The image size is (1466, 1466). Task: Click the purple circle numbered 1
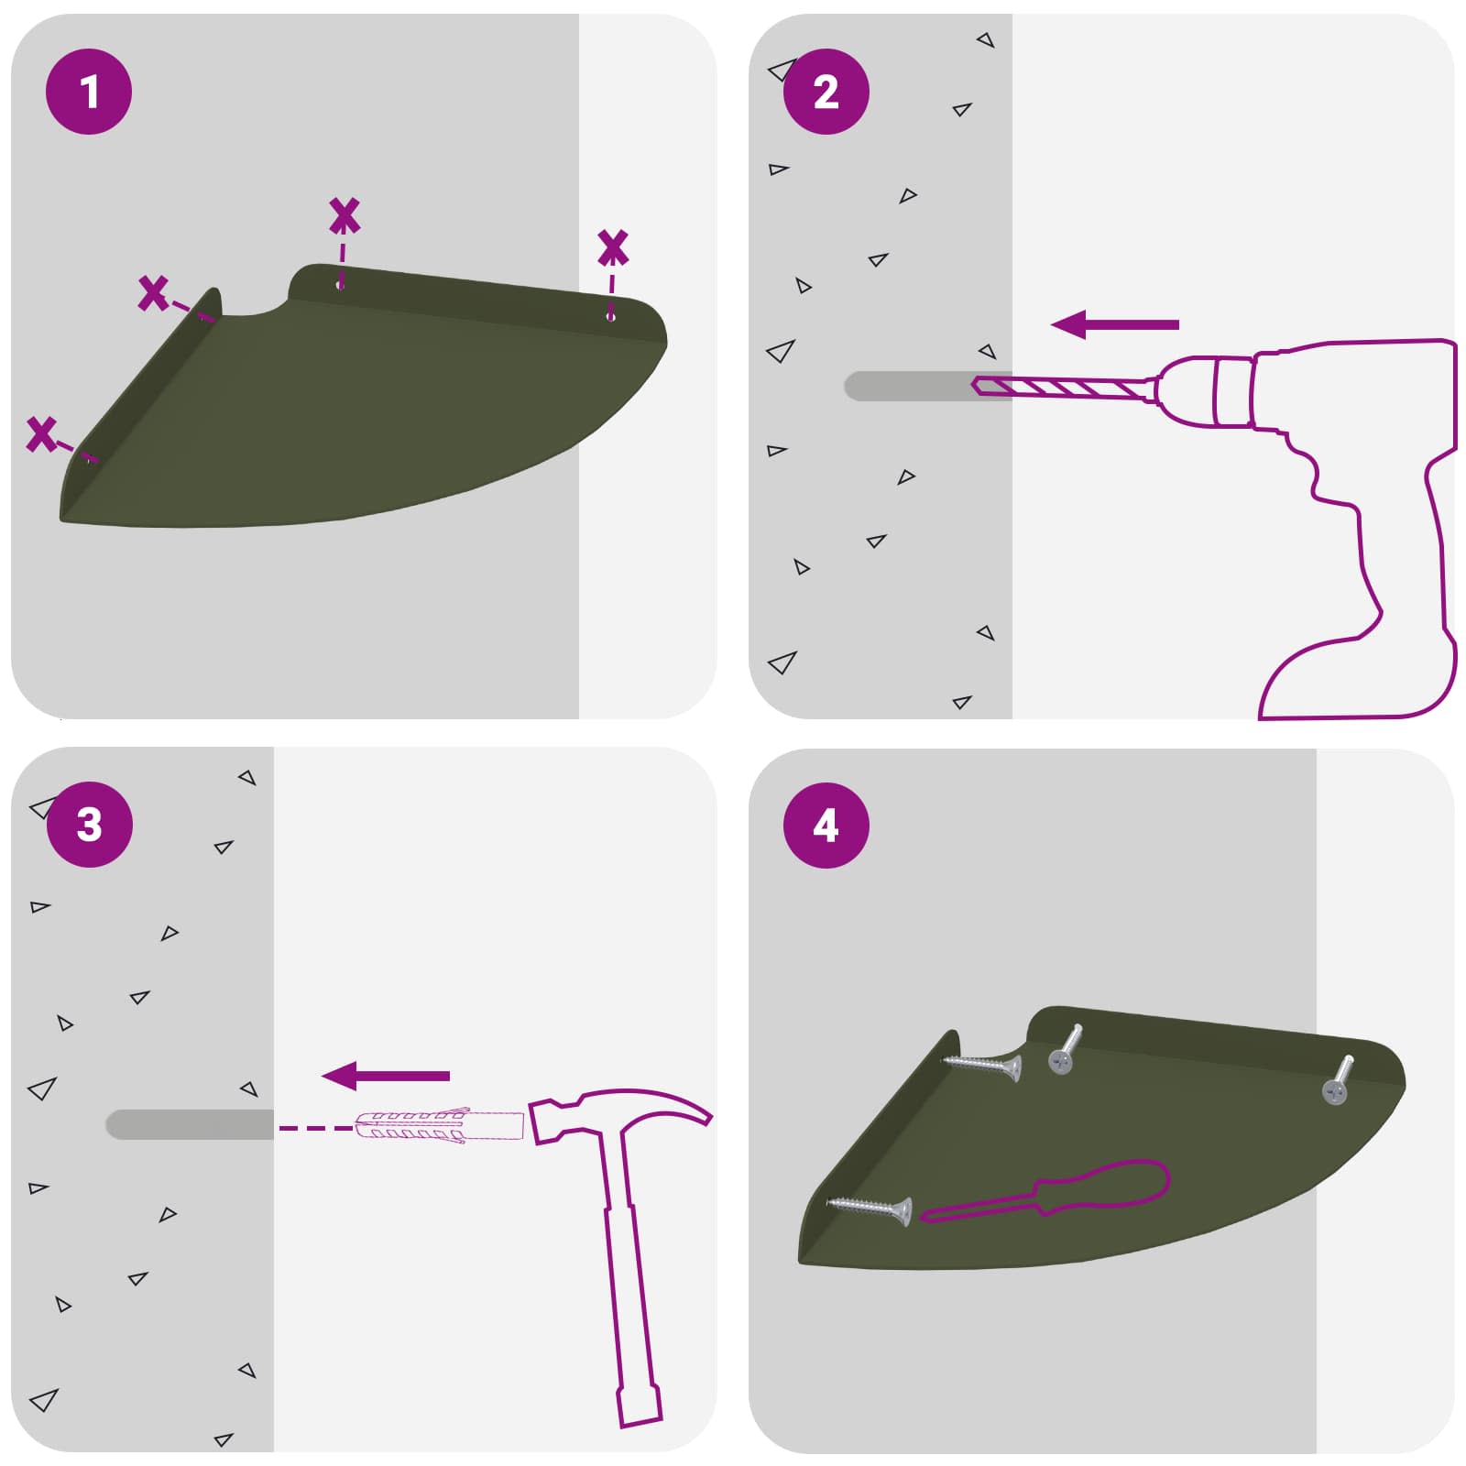click(x=89, y=92)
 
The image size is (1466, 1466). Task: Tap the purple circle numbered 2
click(x=826, y=92)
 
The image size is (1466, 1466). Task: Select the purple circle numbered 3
click(x=89, y=825)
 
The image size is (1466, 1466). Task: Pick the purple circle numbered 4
click(x=826, y=825)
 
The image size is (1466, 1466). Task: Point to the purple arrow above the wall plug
click(x=386, y=1076)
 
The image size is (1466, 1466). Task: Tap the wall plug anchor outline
click(x=440, y=1126)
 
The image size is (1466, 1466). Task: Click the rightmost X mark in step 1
click(x=613, y=247)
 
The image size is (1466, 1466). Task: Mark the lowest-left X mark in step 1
click(x=41, y=433)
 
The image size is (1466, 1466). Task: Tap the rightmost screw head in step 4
click(x=1334, y=1090)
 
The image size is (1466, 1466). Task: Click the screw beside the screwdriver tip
click(x=870, y=1209)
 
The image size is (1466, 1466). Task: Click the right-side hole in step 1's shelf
click(x=611, y=317)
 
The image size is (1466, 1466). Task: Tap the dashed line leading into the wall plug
click(x=316, y=1128)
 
